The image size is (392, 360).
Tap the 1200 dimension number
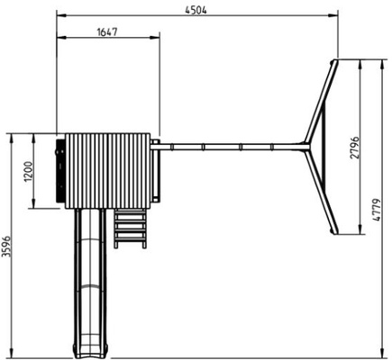coord(27,171)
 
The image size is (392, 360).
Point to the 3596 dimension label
coord(6,245)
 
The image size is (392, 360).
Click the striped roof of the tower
coord(108,170)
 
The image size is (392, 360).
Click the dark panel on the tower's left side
coord(60,170)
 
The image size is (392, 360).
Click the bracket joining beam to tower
coord(155,143)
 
